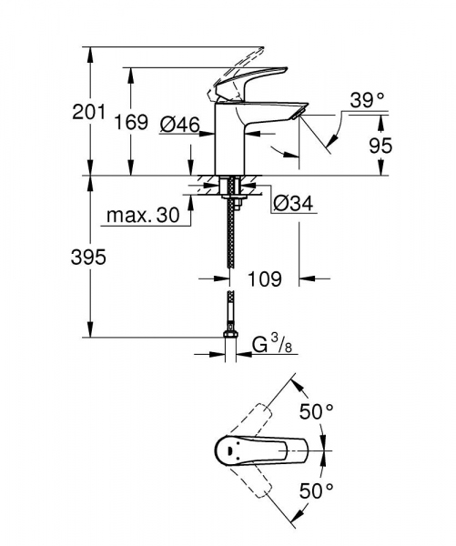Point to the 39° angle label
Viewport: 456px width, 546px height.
[369, 101]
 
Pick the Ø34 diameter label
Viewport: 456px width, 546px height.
[293, 205]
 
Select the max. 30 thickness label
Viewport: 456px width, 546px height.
[141, 217]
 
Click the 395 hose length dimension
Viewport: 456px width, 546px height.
[87, 258]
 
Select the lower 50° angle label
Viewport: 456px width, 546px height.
[318, 491]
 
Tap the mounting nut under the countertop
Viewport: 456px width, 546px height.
[230, 191]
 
